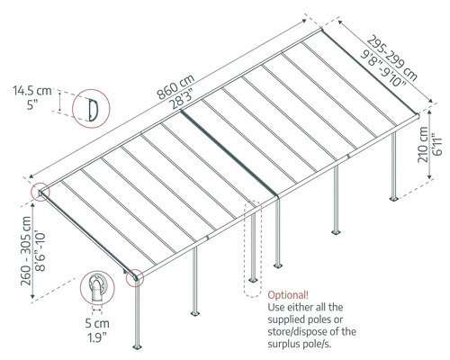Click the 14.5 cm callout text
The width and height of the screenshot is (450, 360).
33,91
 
